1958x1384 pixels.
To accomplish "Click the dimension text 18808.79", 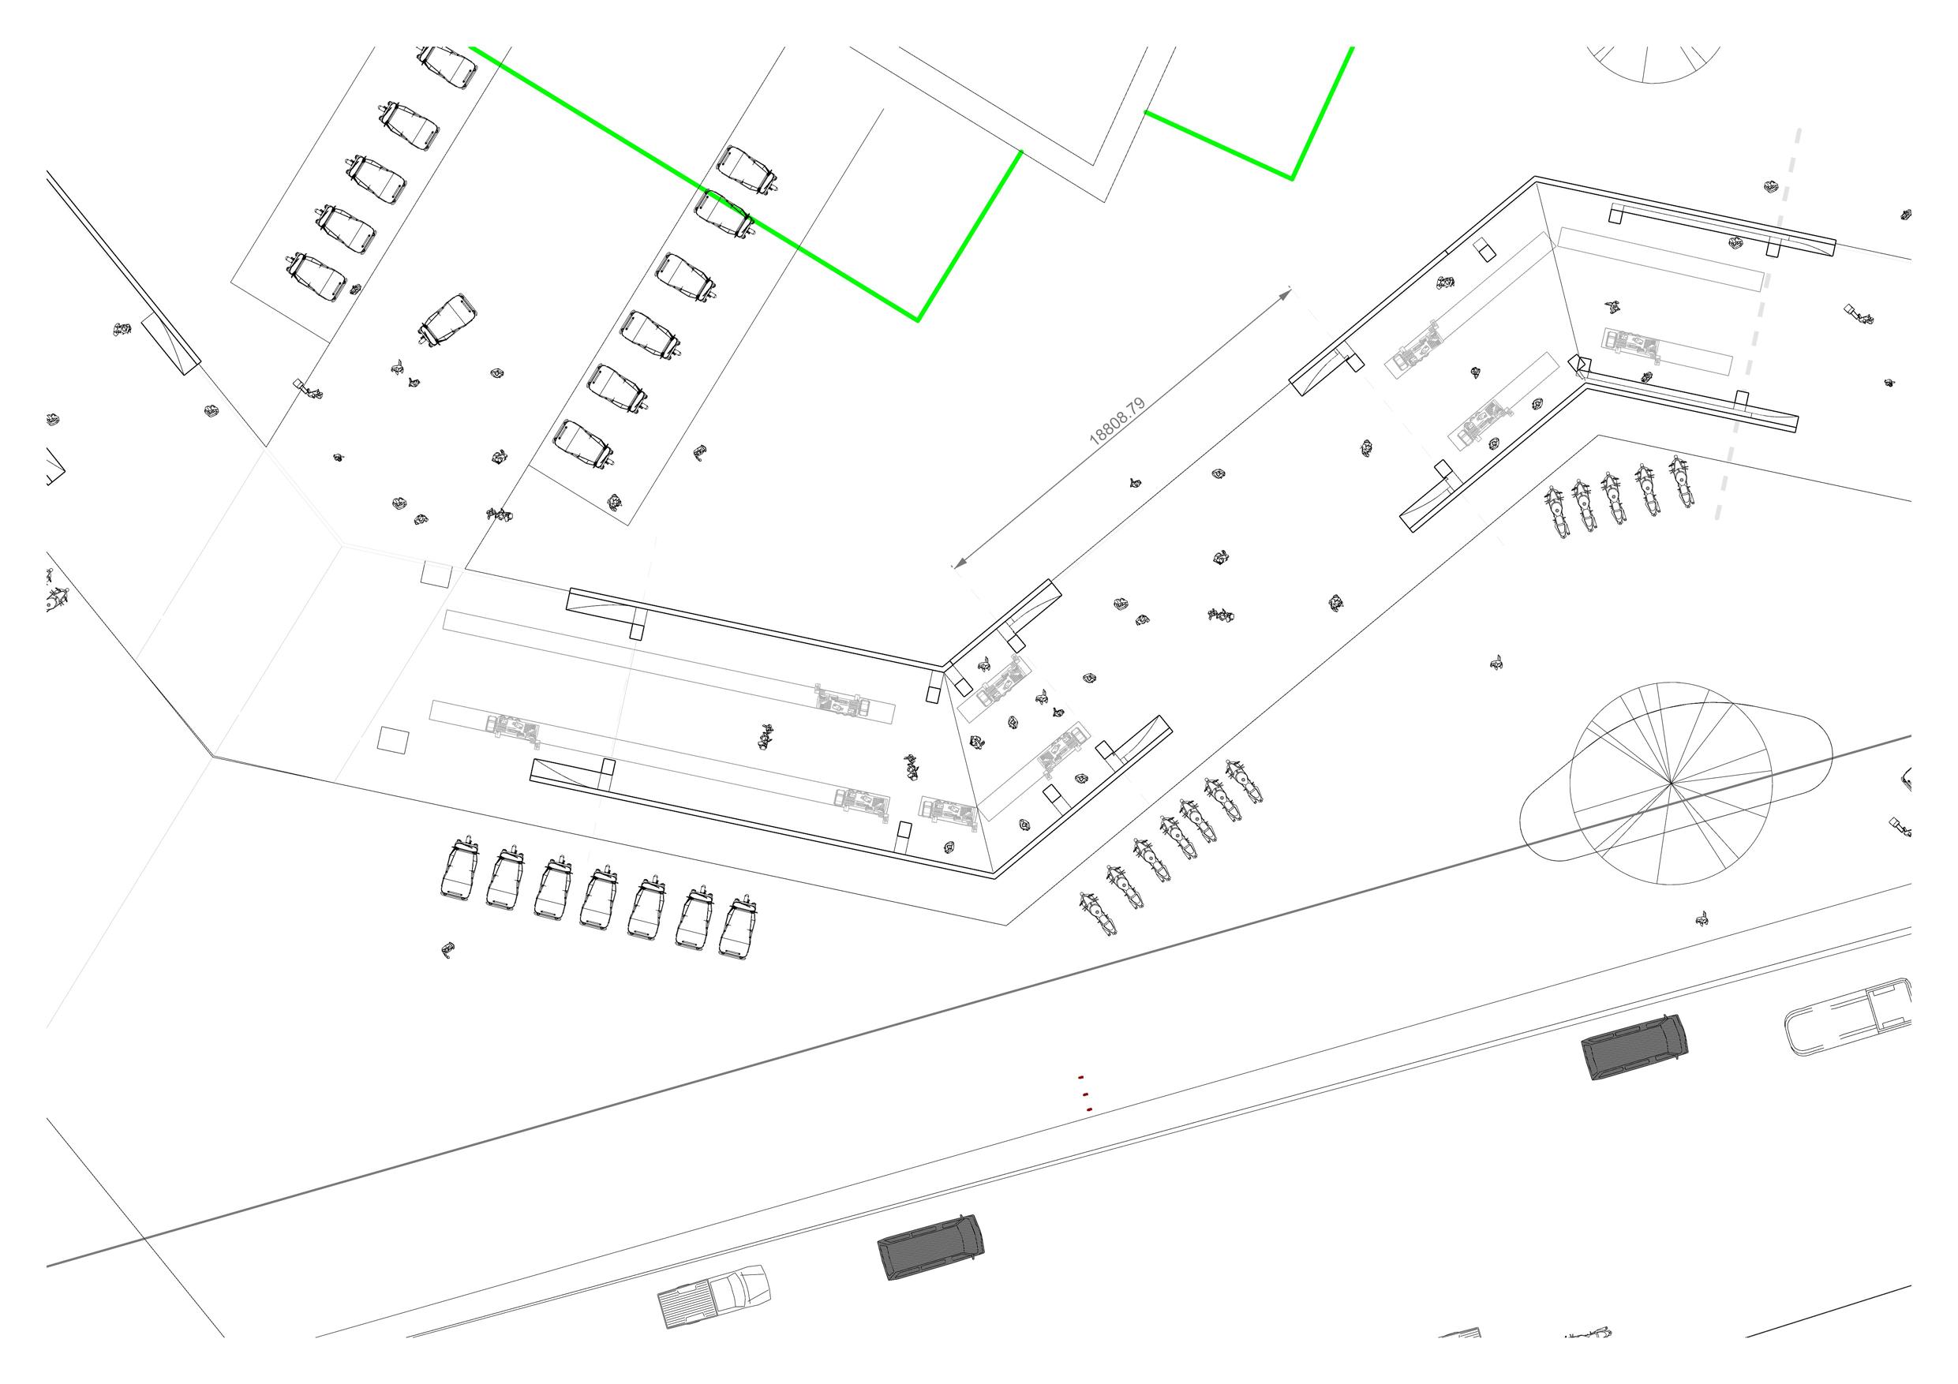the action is point(1118,421).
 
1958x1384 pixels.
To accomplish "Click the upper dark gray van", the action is point(1633,1047).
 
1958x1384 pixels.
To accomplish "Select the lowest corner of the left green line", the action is point(918,320).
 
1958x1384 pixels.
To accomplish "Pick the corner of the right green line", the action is point(1292,179).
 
